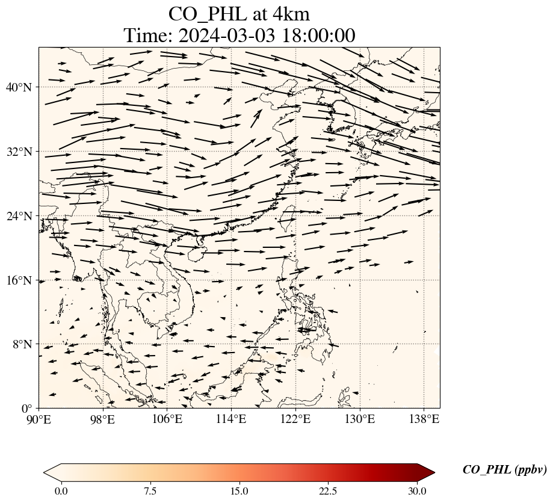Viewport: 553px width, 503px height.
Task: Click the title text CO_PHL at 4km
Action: [239, 14]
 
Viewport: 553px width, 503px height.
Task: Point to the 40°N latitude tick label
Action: [19, 87]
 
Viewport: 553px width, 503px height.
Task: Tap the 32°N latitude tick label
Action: [19, 152]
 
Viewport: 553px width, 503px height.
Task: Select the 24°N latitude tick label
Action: [19, 216]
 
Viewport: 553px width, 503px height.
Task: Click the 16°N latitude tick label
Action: [19, 280]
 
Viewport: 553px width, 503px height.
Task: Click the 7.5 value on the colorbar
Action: [150, 491]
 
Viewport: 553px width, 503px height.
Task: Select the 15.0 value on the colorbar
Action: [239, 491]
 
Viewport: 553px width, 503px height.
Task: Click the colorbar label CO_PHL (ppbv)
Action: [504, 470]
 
